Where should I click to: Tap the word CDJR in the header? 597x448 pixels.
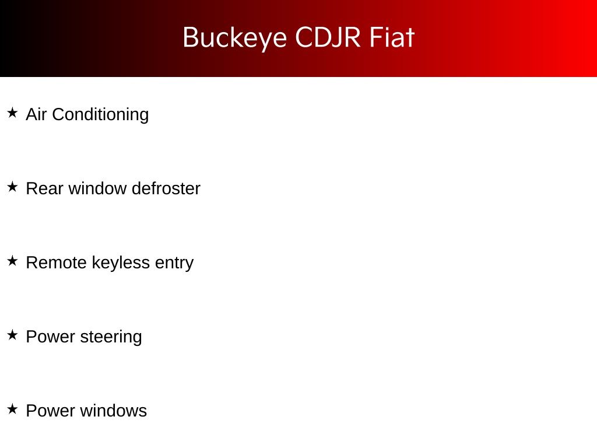tap(328, 37)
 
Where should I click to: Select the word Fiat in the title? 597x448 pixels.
tap(392, 37)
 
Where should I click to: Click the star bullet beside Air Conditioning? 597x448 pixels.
tap(13, 113)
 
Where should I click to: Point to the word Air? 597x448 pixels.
tap(36, 114)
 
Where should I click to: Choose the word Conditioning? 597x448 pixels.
tap(100, 115)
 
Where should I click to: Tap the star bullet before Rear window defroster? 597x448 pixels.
tap(13, 187)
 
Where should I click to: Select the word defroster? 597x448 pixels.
tap(166, 188)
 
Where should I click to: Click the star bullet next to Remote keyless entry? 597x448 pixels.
tap(13, 261)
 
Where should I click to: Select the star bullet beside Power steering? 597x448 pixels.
tap(13, 335)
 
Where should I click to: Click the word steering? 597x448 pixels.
tap(111, 337)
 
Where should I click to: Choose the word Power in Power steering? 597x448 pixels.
tap(51, 337)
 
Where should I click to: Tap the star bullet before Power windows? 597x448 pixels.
tap(13, 409)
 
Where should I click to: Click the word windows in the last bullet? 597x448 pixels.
tap(114, 411)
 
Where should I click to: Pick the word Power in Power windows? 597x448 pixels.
tap(51, 411)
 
